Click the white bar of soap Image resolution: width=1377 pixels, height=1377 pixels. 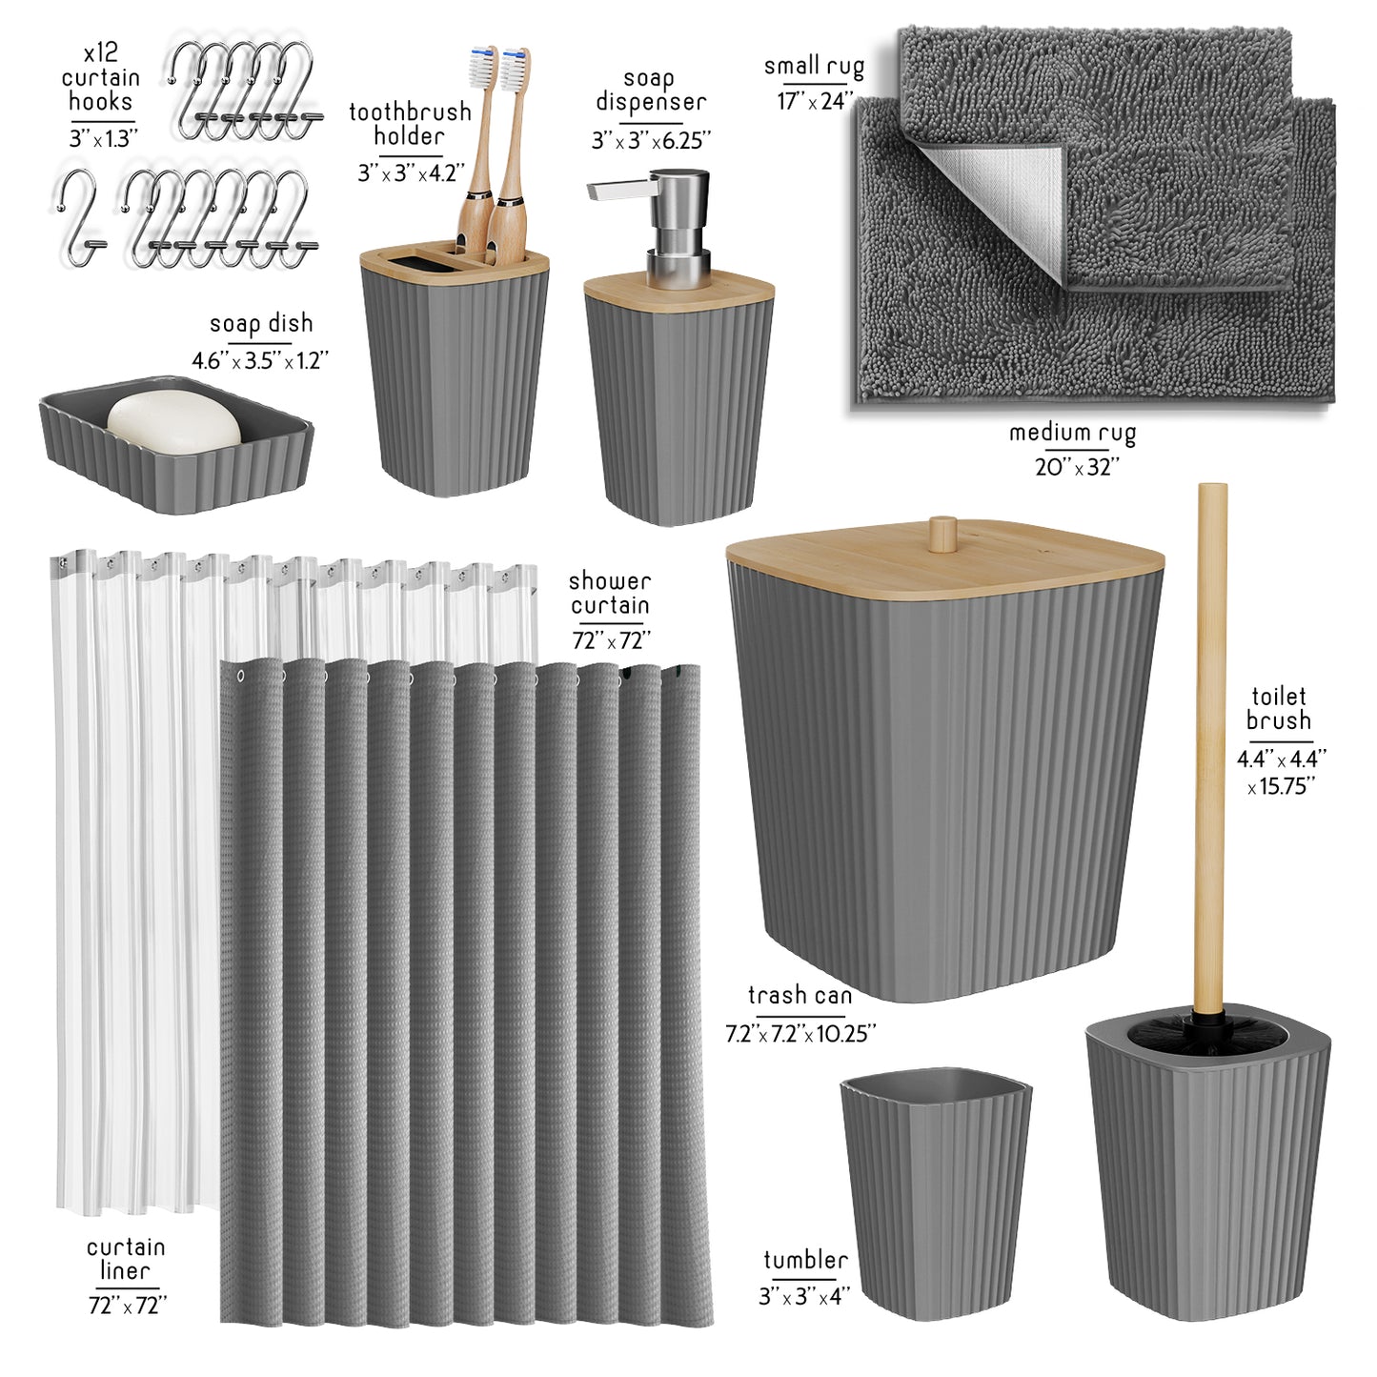[173, 422]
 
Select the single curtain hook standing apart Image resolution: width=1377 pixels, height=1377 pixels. [80, 217]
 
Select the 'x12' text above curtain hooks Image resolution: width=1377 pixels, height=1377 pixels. [101, 52]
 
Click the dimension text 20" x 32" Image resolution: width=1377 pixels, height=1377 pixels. [1077, 467]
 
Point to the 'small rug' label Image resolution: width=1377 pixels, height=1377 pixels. [814, 67]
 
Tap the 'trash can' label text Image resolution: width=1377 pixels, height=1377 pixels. [800, 996]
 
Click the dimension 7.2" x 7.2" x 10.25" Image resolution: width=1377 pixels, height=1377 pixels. [800, 1034]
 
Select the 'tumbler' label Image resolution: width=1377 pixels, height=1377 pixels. [805, 1260]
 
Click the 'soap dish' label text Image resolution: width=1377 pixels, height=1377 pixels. [261, 324]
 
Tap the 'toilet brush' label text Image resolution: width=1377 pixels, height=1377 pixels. [1279, 708]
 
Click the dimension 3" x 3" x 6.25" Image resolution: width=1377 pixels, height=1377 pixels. [651, 141]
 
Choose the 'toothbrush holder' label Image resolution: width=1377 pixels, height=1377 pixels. [410, 124]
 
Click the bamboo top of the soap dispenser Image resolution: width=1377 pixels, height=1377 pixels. [678, 290]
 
